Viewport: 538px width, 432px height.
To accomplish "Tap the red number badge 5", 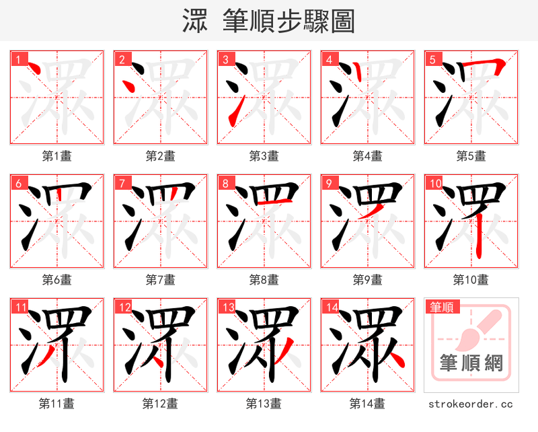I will click(x=432, y=59).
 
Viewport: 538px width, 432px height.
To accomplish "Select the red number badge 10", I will click(x=434, y=183).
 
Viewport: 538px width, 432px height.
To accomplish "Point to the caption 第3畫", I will click(x=264, y=156).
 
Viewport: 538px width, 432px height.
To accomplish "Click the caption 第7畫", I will click(x=160, y=279).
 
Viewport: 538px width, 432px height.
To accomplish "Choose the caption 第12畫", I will click(x=160, y=404).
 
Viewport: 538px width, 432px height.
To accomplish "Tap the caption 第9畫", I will click(x=367, y=279).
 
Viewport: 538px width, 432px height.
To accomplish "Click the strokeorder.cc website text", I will click(x=471, y=404).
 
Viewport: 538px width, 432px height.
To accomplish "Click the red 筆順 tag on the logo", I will click(x=442, y=307).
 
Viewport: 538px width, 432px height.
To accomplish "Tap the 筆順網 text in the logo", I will click(x=471, y=363).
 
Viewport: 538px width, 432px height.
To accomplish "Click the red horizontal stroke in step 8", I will click(x=276, y=202).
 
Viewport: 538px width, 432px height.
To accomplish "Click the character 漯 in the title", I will click(x=194, y=21).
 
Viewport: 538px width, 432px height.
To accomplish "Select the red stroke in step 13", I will click(x=285, y=350).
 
